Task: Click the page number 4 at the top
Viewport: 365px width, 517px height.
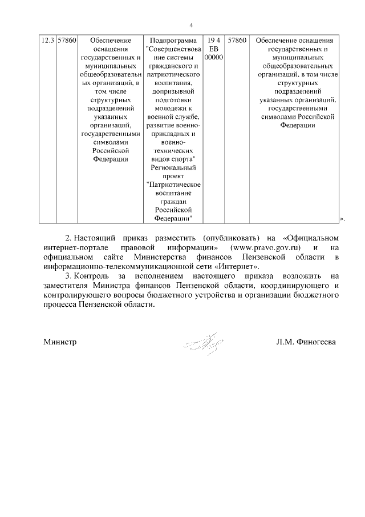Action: (191, 25)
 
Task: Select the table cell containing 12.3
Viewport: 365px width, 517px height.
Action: (47, 41)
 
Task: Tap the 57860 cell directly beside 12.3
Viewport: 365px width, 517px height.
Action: (67, 41)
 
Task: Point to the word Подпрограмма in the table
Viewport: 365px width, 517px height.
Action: (172, 41)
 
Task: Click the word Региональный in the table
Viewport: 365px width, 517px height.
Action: (172, 168)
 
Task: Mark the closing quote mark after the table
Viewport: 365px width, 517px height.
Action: (342, 218)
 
